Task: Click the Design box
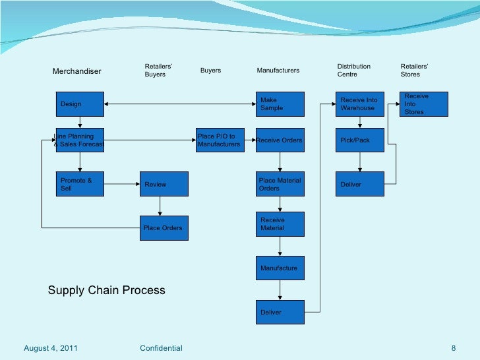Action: (x=80, y=104)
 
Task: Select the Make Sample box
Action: (x=280, y=104)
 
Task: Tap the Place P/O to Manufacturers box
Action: (x=220, y=140)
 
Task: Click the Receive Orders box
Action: (x=280, y=140)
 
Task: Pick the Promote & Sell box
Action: (x=80, y=184)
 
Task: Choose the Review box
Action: (x=164, y=184)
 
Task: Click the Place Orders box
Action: (x=164, y=228)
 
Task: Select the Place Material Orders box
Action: (x=280, y=184)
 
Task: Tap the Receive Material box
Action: (x=280, y=224)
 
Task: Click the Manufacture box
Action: (x=280, y=268)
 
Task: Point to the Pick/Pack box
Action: (x=359, y=140)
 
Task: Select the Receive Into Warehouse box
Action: (x=359, y=104)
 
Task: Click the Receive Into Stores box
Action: (x=425, y=104)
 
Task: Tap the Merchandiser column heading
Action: (x=76, y=71)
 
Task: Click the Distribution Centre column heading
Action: (x=354, y=71)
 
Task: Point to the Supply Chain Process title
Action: (x=106, y=290)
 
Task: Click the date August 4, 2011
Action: (x=50, y=347)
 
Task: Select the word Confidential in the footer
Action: (x=162, y=347)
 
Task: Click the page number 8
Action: (x=454, y=347)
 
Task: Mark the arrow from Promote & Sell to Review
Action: (x=121, y=184)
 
